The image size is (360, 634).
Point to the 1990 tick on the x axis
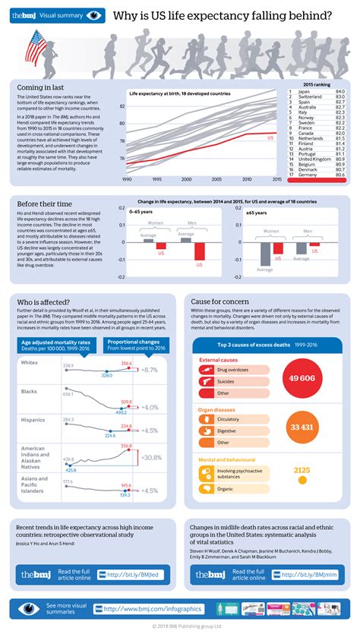tap(127, 179)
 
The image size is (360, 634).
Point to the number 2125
tap(302, 470)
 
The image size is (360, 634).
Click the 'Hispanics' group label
tap(33, 419)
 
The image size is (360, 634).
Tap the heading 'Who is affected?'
tap(45, 302)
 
